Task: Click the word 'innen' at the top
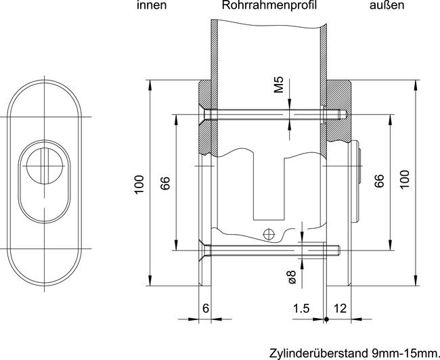point(151,6)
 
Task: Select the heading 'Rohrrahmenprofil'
point(269,6)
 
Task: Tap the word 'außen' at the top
point(387,6)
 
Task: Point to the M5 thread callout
point(278,86)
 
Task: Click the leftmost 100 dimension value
point(139,185)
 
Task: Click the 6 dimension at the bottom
point(206,309)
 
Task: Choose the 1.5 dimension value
point(301,309)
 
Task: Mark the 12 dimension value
point(340,309)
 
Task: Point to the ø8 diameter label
point(290,276)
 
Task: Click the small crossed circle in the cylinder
point(269,235)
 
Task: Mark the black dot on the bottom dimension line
point(326,319)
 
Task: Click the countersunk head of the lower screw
point(202,251)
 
